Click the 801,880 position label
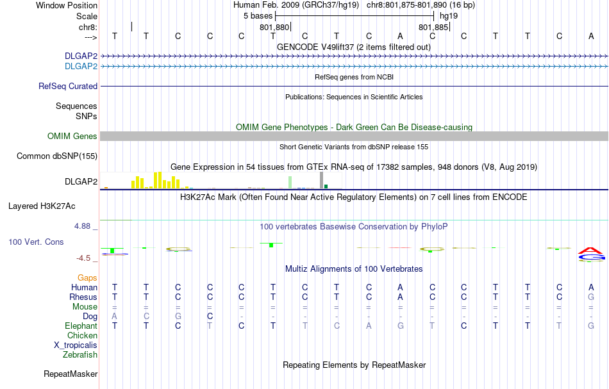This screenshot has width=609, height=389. pos(274,28)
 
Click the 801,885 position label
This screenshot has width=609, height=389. pos(433,28)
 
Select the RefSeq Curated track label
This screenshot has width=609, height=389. pos(68,86)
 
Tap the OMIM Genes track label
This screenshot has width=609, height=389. pos(72,136)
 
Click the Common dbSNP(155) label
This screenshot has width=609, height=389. pos(57,156)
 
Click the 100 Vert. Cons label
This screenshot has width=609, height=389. pos(37,242)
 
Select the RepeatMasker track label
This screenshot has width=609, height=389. pos(71,374)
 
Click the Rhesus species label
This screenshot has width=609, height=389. pos(83,297)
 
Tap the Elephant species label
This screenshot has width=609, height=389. pos(80,326)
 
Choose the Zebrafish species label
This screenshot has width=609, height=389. pos(80,354)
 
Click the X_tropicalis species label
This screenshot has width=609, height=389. pos(76,345)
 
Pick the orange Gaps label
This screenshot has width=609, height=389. pos(87,278)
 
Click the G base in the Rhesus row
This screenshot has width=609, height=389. pos(591,297)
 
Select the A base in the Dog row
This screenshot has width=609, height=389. pos(114,316)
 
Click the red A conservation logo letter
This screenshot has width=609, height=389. pos(590,250)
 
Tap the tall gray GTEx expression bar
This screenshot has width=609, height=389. pos(321,180)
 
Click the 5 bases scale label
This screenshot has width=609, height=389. pos(258,15)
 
